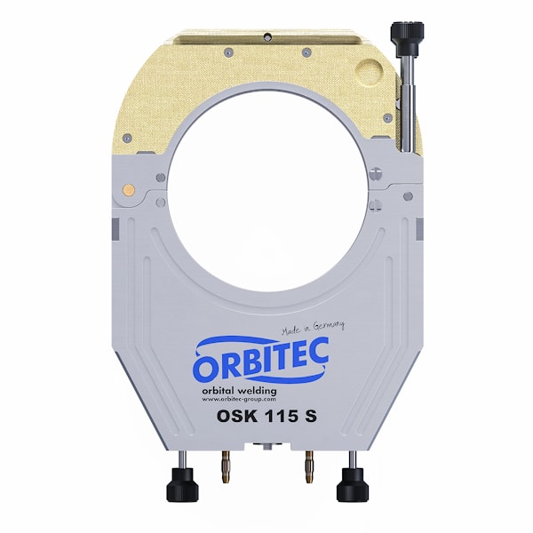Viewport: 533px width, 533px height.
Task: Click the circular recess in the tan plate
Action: pos(372,72)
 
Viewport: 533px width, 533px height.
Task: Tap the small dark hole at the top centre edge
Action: pos(266,36)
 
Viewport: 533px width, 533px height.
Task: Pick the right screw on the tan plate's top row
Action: pos(306,52)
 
